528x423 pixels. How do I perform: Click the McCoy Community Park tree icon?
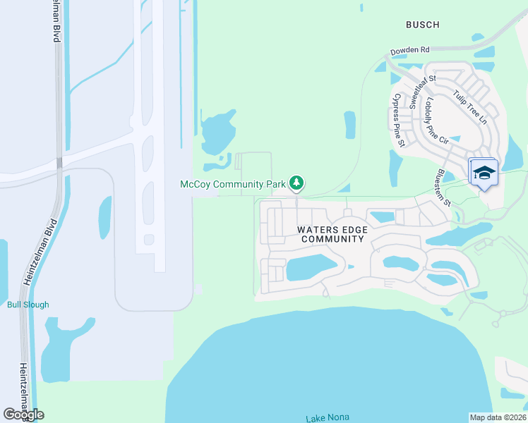coord(297,184)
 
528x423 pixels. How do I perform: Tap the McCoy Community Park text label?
coord(234,185)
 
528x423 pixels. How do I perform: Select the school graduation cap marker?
coord(484,173)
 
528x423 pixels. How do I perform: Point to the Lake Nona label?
coord(328,418)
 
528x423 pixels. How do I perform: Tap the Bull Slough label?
coord(28,305)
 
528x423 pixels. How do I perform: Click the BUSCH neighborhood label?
coord(423,25)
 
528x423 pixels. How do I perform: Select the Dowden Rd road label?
coord(411,51)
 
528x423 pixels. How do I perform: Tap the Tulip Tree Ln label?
coord(470,107)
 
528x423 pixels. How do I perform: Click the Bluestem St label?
coord(444,187)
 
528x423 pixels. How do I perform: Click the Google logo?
coord(23,415)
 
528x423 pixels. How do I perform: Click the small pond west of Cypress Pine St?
coord(350,125)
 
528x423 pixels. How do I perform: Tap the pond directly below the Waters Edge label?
coord(311,266)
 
